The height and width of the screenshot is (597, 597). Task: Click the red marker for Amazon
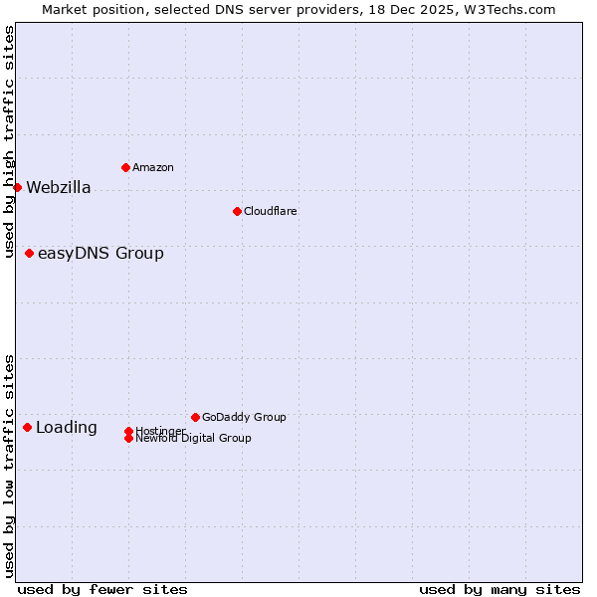coord(125,167)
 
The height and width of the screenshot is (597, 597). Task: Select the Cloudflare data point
coord(237,211)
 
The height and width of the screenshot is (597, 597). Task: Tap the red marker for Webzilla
coord(17,187)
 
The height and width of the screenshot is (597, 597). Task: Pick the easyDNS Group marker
coord(29,253)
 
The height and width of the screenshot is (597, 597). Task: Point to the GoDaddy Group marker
coord(195,417)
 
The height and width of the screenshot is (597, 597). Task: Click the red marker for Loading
coord(27,427)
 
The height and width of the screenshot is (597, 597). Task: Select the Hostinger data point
coord(128,431)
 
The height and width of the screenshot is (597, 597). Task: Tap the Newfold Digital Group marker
coord(128,438)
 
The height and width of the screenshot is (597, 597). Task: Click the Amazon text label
coord(153,167)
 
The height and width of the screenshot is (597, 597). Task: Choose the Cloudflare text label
coord(271,211)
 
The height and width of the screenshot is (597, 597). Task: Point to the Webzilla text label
coord(59,188)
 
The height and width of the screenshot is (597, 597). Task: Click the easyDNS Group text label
coord(100,254)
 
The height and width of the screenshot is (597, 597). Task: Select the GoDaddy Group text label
coord(244,417)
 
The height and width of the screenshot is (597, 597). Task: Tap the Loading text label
coord(67,428)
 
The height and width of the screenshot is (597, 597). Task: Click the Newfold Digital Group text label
coord(194,439)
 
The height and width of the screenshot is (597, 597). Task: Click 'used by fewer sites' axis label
coord(102,589)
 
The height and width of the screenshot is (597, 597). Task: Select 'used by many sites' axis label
coord(499,589)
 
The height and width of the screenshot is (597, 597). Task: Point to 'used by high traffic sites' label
coord(10,141)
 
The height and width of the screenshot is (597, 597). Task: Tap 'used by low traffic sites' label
coord(10,465)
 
